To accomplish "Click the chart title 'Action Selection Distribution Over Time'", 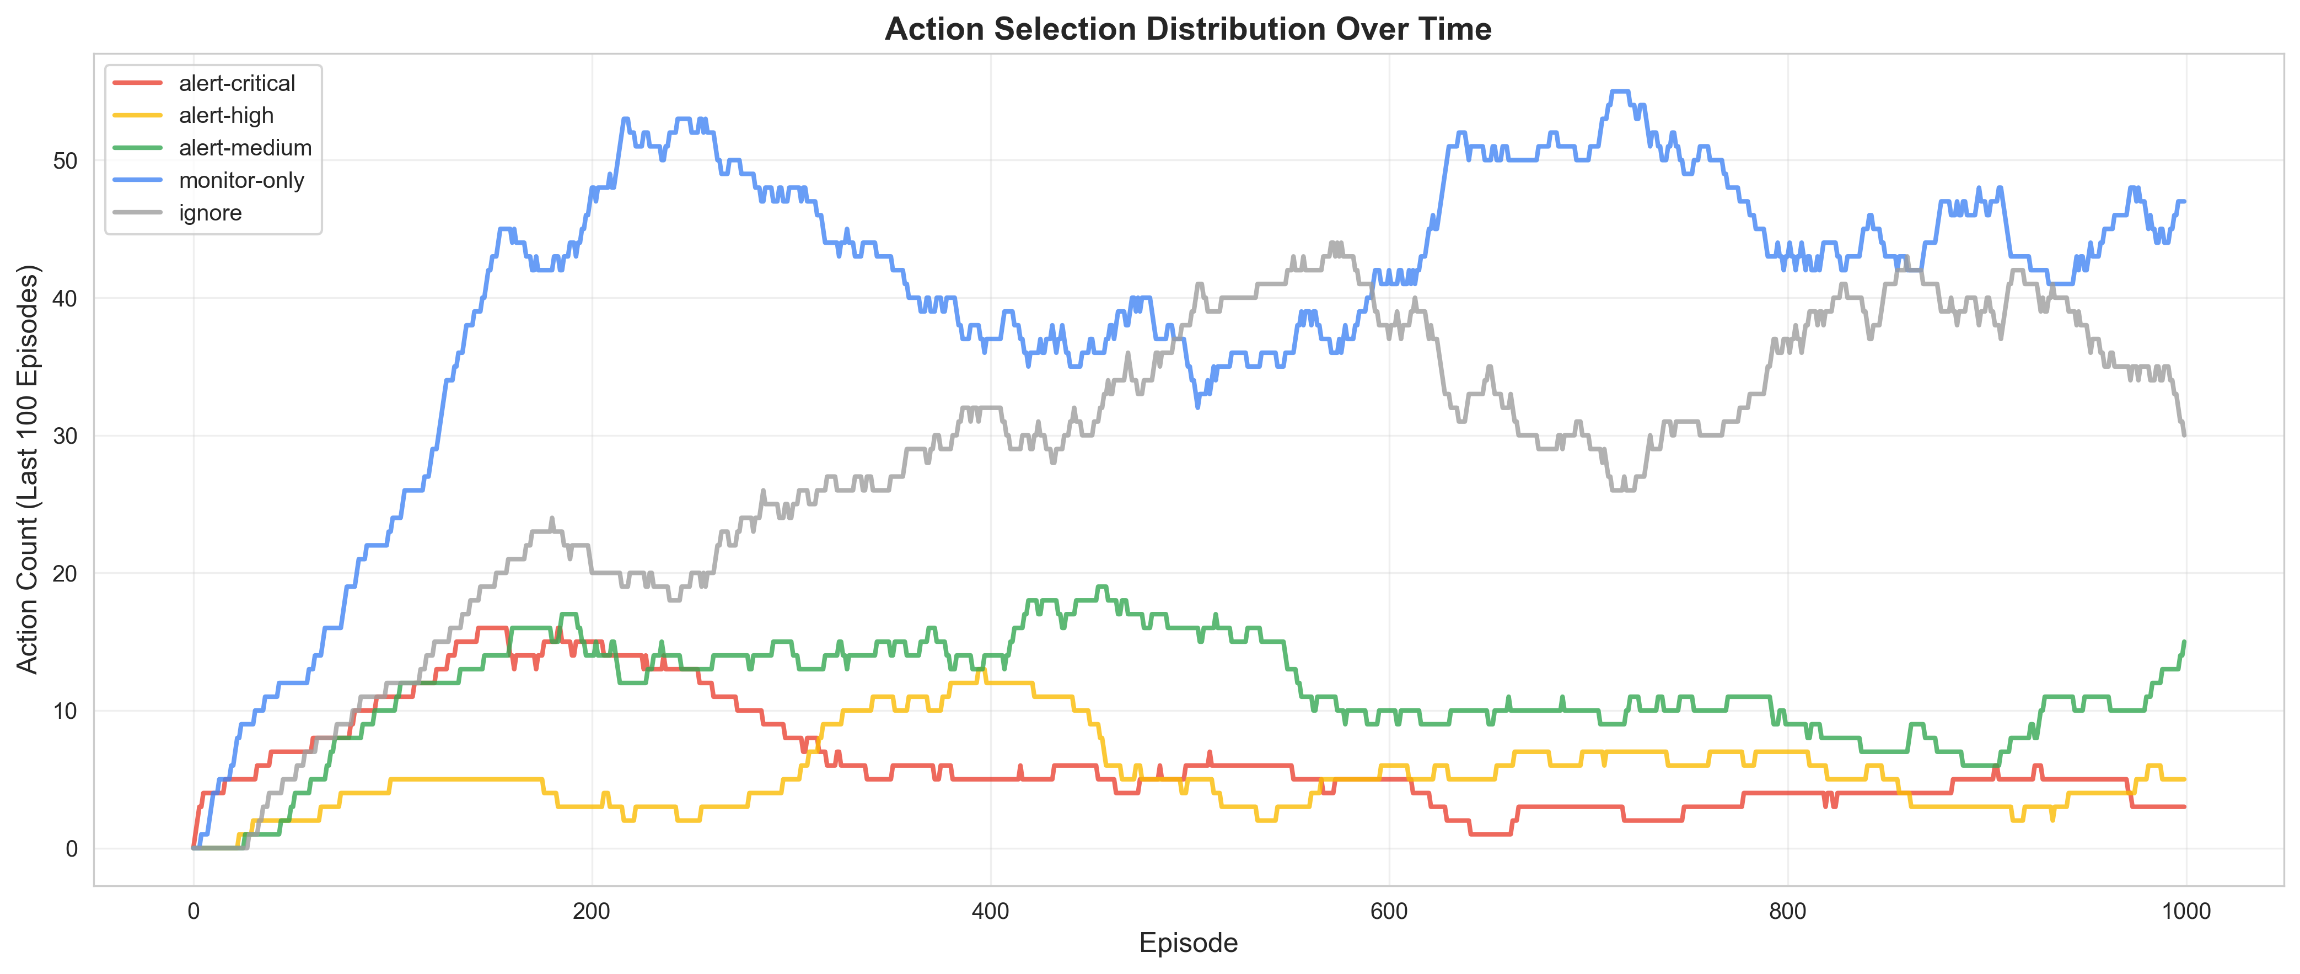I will click(x=1187, y=29).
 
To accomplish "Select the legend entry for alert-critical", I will click(x=237, y=83).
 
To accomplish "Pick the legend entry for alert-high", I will click(x=226, y=115).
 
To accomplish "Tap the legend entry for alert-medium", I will click(x=245, y=147).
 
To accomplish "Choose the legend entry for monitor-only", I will click(x=241, y=180).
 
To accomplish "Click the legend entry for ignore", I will click(x=210, y=212).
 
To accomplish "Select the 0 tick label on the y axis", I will click(x=72, y=848).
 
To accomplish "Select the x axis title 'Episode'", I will click(x=1187, y=943).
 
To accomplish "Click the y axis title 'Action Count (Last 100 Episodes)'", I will click(x=29, y=469).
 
